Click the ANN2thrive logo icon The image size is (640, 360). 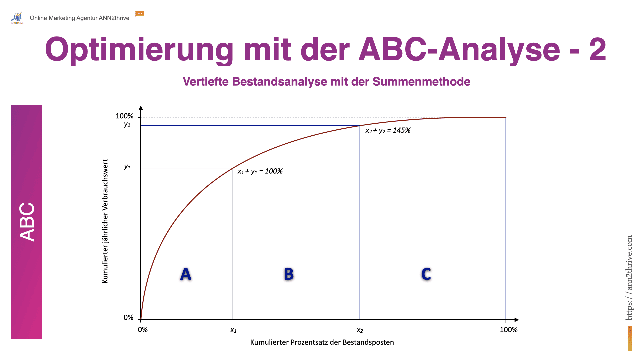pos(17,18)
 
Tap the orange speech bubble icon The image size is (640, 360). pos(140,13)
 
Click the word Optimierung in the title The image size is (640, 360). pos(139,50)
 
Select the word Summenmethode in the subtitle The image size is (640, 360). pos(421,82)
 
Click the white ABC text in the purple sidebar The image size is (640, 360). pos(27,222)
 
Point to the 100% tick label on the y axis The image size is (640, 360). pos(124,116)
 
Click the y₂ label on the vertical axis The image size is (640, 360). pos(127,124)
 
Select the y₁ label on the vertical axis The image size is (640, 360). pos(127,167)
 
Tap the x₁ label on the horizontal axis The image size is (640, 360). pos(233,330)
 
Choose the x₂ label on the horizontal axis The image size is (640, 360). pos(360,330)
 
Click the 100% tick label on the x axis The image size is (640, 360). pos(509,330)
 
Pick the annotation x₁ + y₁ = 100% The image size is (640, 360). pos(260,171)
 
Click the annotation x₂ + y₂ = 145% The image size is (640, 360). pos(388,130)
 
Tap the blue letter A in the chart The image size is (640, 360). pos(186,274)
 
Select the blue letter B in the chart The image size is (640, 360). pos(289,274)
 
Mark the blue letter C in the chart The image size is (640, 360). pos(426,274)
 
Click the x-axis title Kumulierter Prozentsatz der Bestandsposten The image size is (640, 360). pos(322,342)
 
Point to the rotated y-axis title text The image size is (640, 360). pos(105,221)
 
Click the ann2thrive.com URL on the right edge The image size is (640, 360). pos(629,278)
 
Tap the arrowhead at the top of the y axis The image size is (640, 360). pos(141,108)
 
